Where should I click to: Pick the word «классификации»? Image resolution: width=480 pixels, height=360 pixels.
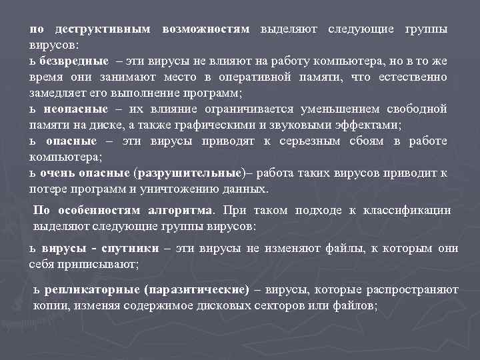pos(407,211)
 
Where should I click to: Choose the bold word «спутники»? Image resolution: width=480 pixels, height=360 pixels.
pos(131,249)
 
